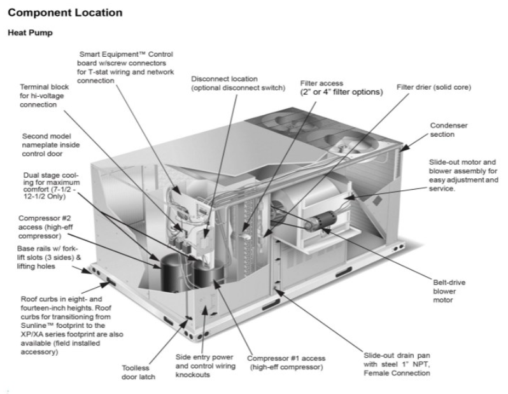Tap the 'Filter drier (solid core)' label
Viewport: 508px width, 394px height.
click(x=434, y=87)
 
